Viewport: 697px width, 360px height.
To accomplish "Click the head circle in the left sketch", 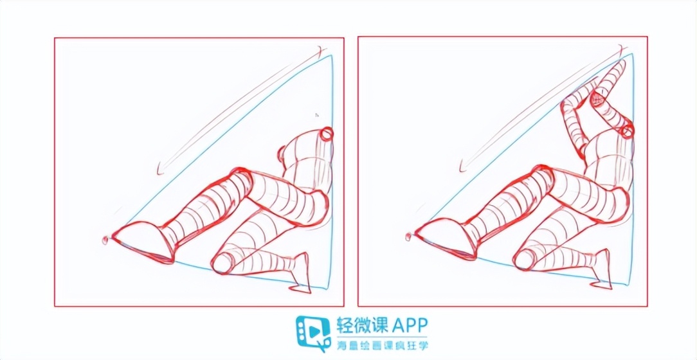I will point(327,134).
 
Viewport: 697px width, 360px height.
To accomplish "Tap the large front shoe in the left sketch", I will point(146,240).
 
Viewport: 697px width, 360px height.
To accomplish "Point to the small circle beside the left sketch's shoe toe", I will point(105,240).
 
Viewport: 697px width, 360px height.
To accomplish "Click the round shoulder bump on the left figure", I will point(284,154).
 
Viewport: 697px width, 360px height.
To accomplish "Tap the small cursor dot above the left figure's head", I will point(316,115).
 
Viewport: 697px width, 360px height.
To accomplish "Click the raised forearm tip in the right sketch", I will point(619,67).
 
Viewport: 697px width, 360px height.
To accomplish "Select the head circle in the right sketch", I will point(627,131).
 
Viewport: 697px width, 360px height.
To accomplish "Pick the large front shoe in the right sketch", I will point(449,238).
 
